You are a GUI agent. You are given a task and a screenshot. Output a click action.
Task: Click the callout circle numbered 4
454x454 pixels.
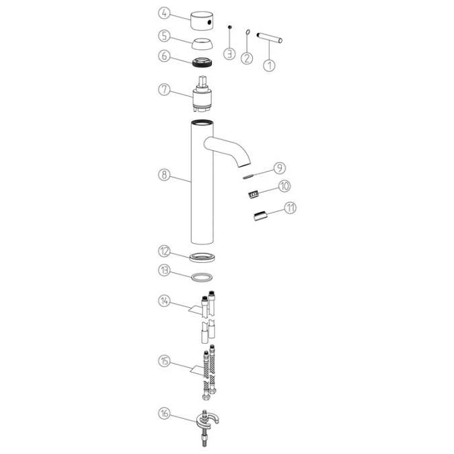164,13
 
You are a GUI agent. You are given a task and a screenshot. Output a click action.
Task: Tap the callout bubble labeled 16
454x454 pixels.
164,413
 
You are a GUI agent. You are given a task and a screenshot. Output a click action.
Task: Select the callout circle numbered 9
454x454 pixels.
279,168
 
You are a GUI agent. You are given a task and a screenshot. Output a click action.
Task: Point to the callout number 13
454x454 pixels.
164,270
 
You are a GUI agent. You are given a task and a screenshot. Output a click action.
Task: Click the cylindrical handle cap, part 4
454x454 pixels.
202,21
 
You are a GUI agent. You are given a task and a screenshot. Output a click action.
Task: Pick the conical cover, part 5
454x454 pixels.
202,44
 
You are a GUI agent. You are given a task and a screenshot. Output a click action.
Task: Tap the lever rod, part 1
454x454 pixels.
270,38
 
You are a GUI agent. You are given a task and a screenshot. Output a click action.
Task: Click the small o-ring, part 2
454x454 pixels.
248,31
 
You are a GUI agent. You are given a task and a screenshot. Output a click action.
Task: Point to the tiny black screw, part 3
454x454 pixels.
229,27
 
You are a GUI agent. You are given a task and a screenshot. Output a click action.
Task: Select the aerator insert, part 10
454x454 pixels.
254,194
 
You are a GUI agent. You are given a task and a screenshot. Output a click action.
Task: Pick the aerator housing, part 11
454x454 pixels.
260,216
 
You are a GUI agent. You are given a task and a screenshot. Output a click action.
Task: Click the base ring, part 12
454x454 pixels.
202,258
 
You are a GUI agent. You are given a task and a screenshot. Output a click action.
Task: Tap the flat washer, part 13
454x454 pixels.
202,277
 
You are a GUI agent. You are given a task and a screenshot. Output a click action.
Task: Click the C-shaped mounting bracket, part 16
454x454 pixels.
208,420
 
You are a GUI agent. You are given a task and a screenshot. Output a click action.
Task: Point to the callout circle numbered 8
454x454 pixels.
164,175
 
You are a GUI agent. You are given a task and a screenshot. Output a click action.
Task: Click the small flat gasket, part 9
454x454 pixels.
248,176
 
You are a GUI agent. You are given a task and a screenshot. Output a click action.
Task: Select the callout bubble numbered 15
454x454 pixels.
164,361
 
